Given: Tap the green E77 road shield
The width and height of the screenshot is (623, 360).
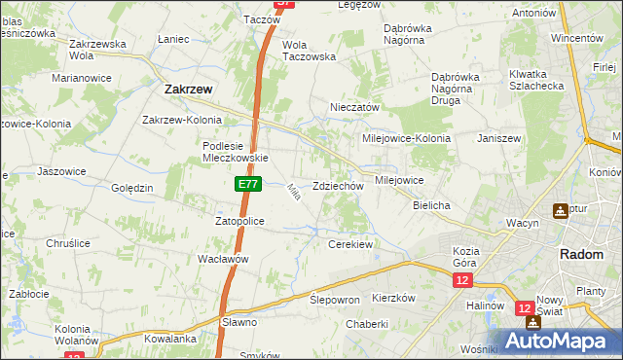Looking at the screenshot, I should pos(246,183).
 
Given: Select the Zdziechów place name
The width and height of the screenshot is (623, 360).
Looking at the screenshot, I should pos(339,186).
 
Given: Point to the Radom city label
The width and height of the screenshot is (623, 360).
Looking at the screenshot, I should pos(584,254).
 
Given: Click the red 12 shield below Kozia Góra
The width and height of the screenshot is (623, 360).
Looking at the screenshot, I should pos(462,280).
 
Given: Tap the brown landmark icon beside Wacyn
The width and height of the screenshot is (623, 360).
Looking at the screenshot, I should pos(562,210).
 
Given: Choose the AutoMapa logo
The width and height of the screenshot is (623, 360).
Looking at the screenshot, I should pos(554,341).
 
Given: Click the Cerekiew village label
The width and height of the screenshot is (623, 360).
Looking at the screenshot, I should pos(351,244).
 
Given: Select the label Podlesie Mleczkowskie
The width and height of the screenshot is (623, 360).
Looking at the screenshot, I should pos(234,151).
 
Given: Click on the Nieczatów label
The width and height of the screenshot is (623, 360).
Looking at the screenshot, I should pos(354,107).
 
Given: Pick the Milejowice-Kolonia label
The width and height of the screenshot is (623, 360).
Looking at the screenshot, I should pos(406,138).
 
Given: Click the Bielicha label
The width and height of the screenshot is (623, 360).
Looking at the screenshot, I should pos(431,206).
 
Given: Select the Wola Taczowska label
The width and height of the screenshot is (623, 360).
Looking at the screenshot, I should pos(309,51).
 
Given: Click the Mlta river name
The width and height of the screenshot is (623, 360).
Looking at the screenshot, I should pos(292,193).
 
